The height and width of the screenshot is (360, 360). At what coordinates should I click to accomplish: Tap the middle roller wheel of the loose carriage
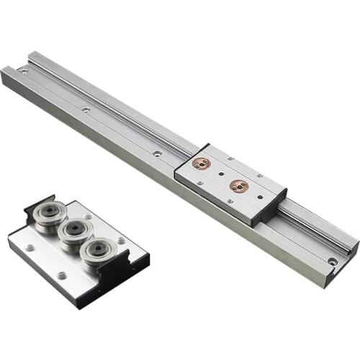pyautogui.click(x=74, y=233)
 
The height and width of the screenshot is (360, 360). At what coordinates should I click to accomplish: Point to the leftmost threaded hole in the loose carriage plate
pyautogui.click(x=29, y=247)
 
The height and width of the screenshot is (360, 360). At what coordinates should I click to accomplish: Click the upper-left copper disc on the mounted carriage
pyautogui.click(x=202, y=164)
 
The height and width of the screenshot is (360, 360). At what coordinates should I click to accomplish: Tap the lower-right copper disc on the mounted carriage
pyautogui.click(x=238, y=186)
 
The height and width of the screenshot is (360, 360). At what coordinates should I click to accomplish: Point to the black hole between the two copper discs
pyautogui.click(x=220, y=176)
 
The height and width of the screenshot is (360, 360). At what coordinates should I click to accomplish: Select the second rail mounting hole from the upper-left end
pyautogui.click(x=86, y=110)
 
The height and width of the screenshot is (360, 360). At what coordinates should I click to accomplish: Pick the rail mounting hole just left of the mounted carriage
pyautogui.click(x=156, y=153)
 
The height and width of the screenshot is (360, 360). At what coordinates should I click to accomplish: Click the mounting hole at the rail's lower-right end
pyautogui.click(x=332, y=261)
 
